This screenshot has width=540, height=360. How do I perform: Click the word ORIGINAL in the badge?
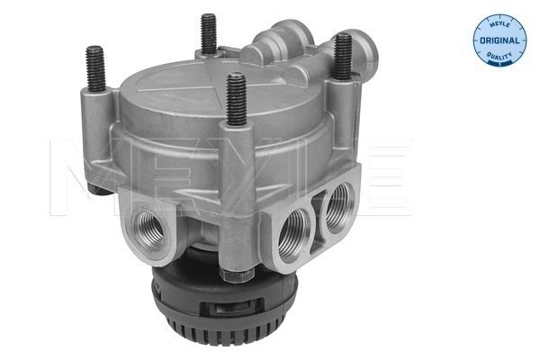pyautogui.click(x=499, y=40)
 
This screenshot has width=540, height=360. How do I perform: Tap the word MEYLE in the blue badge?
pyautogui.click(x=499, y=25)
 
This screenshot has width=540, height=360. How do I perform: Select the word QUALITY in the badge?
pyautogui.click(x=499, y=55)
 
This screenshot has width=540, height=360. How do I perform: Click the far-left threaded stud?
pyautogui.click(x=95, y=67)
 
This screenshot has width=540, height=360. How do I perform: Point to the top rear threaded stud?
pyautogui.click(x=209, y=33)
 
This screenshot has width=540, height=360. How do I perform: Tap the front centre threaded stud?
pyautogui.click(x=236, y=98)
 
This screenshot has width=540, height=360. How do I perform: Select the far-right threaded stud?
pyautogui.click(x=343, y=56)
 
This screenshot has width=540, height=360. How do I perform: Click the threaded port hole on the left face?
pyautogui.click(x=149, y=229)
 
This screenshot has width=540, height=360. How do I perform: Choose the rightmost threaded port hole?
pyautogui.click(x=340, y=208)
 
